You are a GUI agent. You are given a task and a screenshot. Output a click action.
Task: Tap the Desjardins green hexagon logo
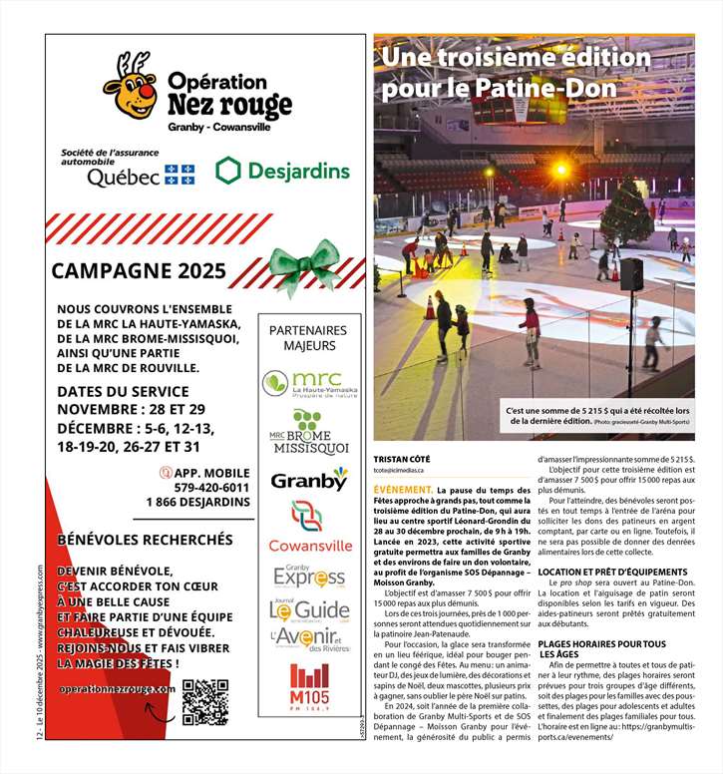[x=229, y=171]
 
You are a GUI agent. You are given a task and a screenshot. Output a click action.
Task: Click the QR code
[x=206, y=701]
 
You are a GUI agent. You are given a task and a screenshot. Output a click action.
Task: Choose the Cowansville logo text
[x=309, y=546]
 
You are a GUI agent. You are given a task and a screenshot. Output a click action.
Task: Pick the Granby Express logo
[x=309, y=578]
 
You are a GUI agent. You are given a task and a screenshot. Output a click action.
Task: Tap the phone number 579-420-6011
[x=210, y=487]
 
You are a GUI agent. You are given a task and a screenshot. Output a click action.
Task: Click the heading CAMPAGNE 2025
[x=139, y=271]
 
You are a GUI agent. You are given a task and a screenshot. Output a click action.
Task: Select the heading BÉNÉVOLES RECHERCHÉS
[x=145, y=539]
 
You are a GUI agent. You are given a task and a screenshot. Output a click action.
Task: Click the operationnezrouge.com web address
[x=118, y=689]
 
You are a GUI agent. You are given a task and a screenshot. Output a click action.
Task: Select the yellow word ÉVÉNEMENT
[x=402, y=491]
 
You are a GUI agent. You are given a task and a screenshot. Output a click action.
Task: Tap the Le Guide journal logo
[x=309, y=609]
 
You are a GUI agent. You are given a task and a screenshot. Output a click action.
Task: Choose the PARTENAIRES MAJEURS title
[x=308, y=338]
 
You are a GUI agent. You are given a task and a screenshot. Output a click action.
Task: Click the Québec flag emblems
[x=180, y=176]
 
